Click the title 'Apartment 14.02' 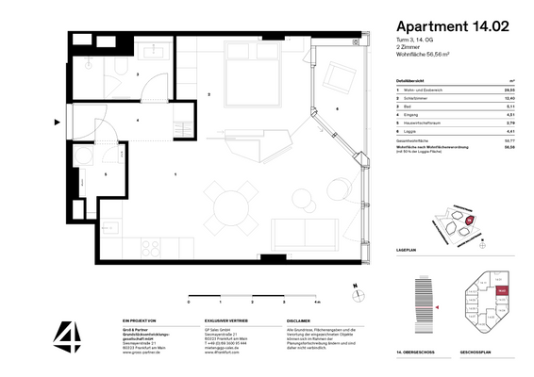(x=455, y=28)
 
